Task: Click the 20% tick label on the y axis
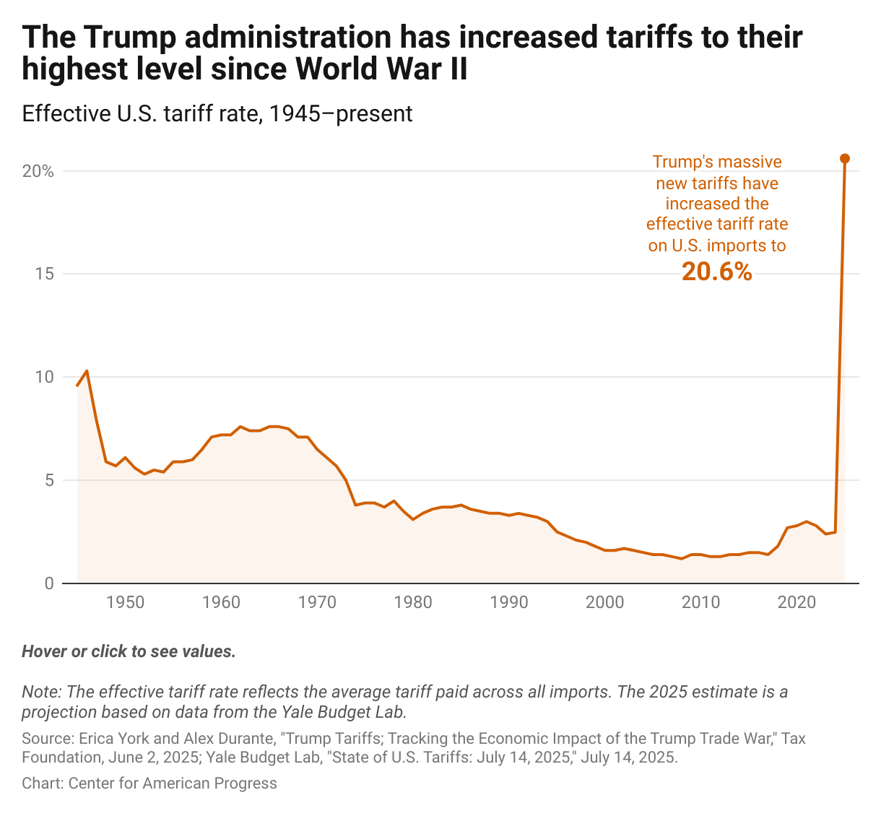pos(38,171)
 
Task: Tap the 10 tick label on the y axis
pos(45,377)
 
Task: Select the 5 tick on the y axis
pos(49,480)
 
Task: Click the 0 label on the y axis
pos(49,583)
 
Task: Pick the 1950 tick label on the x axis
pos(125,602)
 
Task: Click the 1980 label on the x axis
pos(413,602)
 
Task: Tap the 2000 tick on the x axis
pos(605,602)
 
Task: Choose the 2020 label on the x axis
pos(797,602)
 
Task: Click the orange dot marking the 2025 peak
pos(845,158)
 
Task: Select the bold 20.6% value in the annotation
pos(717,272)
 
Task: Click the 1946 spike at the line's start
pos(87,371)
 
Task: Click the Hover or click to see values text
pos(129,651)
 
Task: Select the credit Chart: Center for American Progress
pos(149,784)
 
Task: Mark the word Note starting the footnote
pos(40,692)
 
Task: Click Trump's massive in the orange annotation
pos(717,162)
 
